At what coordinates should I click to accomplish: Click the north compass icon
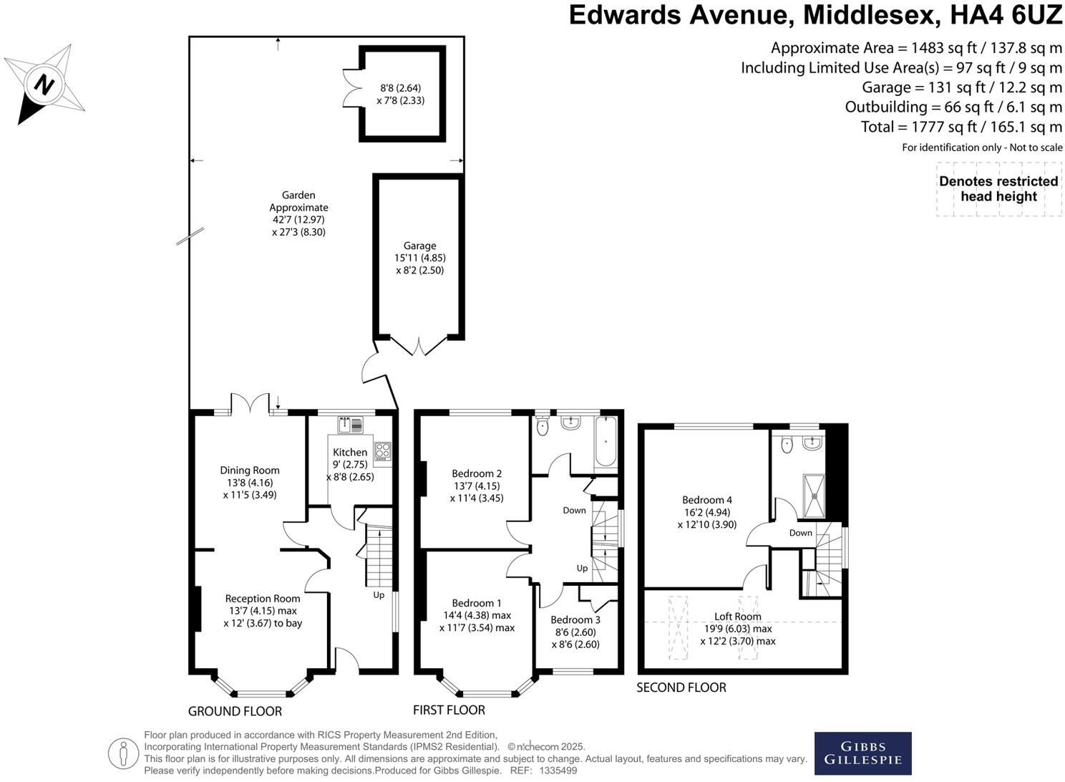point(44,84)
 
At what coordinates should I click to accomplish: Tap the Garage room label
point(419,246)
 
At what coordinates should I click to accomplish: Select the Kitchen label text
point(350,452)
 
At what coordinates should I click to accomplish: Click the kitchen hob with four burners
point(383,450)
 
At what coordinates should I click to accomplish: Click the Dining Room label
point(249,470)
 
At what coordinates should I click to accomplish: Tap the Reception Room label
point(263,599)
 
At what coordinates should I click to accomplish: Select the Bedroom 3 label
point(575,619)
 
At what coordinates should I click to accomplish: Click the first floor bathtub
point(606,441)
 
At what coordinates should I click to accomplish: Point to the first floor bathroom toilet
point(542,427)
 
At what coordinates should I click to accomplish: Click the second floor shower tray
point(814,495)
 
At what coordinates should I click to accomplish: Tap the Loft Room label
point(738,617)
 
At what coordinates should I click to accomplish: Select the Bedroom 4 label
point(707,500)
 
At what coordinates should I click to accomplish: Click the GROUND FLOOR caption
point(235,711)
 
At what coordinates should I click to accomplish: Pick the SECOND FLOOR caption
point(681,687)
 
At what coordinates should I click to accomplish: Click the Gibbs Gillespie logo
point(862,753)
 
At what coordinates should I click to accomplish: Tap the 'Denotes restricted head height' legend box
point(998,189)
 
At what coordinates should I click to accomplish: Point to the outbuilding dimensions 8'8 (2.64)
point(400,88)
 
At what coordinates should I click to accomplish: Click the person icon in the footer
point(123,753)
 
